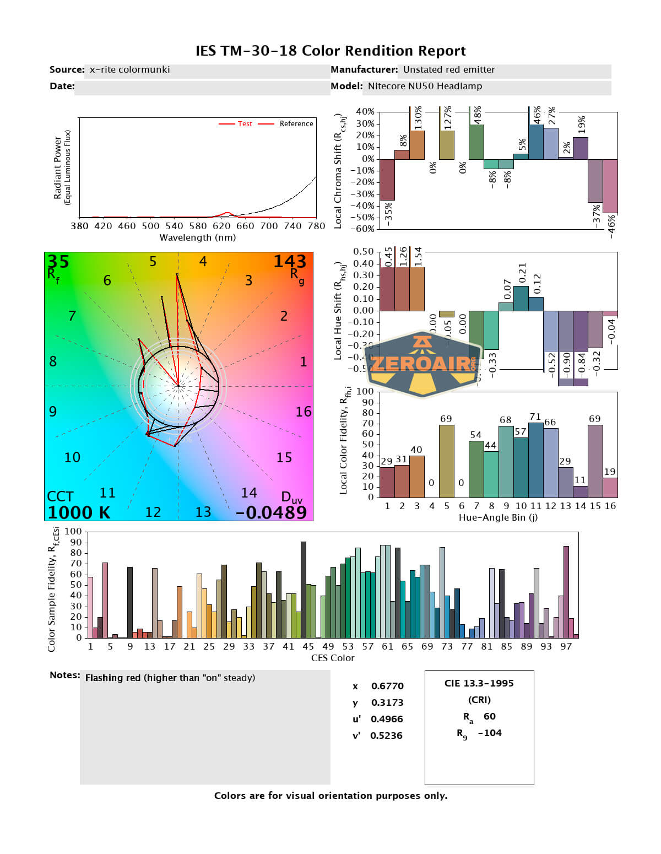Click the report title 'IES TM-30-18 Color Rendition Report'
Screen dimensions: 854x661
[330, 51]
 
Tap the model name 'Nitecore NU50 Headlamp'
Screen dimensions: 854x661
[425, 86]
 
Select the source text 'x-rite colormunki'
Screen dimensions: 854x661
[129, 69]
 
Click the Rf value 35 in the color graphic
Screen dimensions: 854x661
[58, 261]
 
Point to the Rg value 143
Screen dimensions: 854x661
[290, 261]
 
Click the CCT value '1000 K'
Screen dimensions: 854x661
[79, 512]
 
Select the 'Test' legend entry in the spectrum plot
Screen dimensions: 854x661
[245, 124]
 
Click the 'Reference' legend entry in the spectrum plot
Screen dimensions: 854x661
[296, 124]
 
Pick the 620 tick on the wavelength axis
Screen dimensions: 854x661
[221, 226]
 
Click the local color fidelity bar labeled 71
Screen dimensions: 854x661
[535, 460]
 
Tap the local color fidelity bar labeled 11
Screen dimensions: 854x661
[580, 491]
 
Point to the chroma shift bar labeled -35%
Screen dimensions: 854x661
[387, 180]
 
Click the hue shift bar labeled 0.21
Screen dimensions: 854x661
[521, 298]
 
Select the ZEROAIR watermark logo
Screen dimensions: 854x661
[422, 364]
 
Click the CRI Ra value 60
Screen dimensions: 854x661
[489, 716]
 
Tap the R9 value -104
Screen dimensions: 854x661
[489, 733]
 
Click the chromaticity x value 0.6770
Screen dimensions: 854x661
[387, 686]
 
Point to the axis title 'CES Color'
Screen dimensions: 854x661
[333, 658]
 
